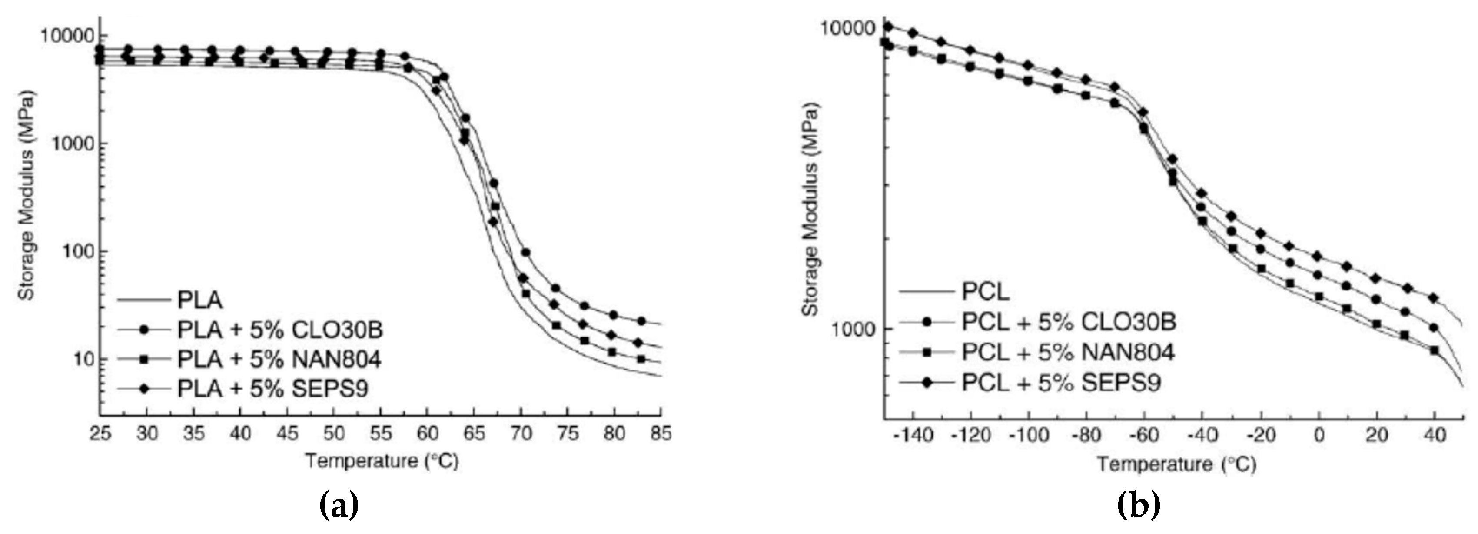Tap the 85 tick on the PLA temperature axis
coord(661,433)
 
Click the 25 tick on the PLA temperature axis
coord(100,433)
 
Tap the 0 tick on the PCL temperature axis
coord(1319,435)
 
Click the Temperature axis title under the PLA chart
coord(382,461)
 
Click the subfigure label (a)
coord(338,506)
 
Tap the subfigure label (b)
coord(1138,506)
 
